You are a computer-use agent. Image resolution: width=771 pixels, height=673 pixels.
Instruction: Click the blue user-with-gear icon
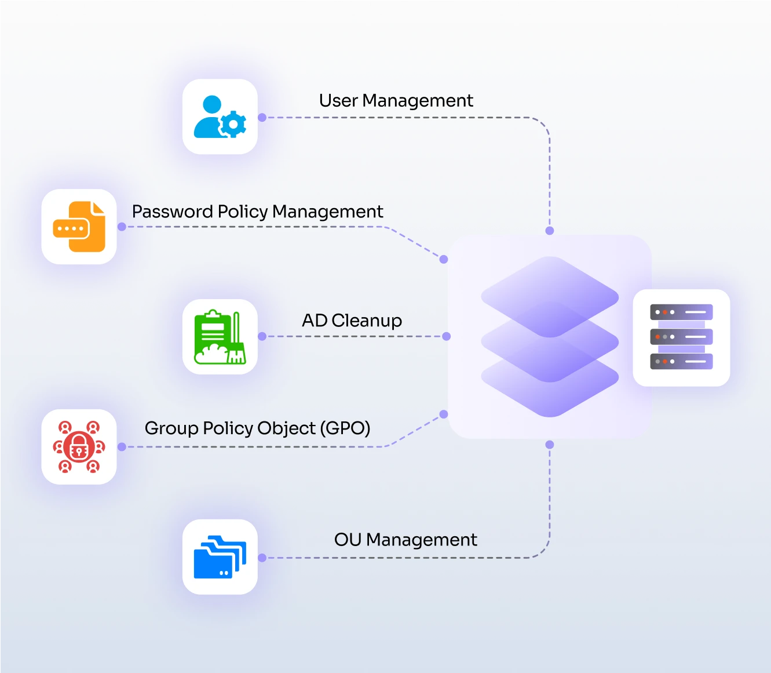click(x=220, y=117)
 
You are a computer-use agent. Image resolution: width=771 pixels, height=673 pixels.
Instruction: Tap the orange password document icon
click(x=79, y=227)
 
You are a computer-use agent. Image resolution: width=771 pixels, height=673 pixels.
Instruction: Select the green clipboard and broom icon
click(x=220, y=337)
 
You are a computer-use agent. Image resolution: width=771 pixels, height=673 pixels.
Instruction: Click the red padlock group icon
click(x=79, y=447)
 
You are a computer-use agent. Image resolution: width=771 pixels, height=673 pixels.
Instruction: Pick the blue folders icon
click(x=220, y=556)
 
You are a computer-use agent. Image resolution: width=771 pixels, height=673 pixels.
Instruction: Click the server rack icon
click(x=681, y=337)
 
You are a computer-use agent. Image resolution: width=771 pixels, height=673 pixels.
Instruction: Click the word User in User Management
click(x=338, y=101)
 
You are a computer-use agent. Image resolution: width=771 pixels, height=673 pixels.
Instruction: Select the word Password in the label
click(x=172, y=212)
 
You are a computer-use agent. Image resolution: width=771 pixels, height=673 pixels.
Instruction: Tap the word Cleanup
click(x=367, y=321)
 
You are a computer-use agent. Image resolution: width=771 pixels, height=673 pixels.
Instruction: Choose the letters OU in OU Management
click(x=348, y=540)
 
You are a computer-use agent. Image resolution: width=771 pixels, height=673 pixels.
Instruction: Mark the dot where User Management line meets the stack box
click(x=550, y=231)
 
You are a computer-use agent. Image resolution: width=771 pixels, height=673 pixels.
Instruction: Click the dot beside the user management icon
click(x=262, y=117)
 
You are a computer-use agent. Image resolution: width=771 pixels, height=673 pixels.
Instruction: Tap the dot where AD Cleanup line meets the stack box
click(x=446, y=336)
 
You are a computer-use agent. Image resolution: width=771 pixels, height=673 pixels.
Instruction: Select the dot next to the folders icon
click(x=262, y=558)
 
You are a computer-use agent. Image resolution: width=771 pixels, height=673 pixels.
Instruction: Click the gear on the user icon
click(x=234, y=124)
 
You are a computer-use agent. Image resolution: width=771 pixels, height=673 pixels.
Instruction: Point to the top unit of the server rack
click(x=681, y=312)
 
